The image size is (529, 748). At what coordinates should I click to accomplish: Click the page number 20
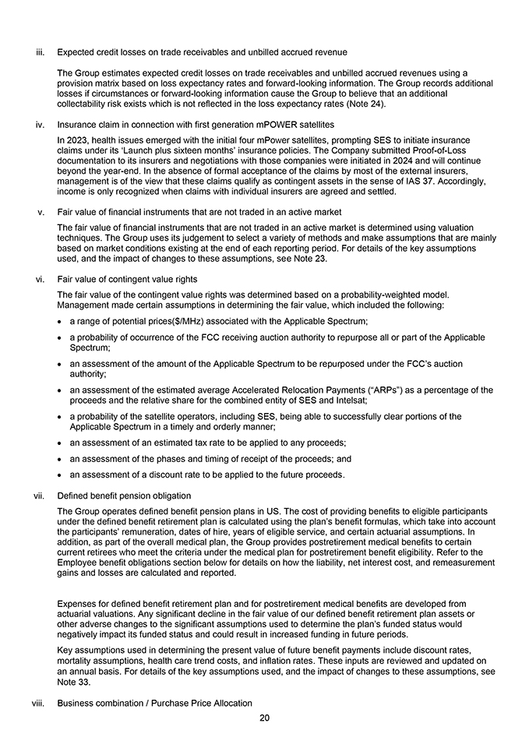click(x=264, y=718)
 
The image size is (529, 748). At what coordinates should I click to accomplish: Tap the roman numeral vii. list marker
click(x=39, y=496)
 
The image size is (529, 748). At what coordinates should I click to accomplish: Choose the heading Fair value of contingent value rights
click(x=127, y=279)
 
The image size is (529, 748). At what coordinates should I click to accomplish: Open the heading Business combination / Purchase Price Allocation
click(x=154, y=703)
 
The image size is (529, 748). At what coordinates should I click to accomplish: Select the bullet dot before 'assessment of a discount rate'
click(x=60, y=475)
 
